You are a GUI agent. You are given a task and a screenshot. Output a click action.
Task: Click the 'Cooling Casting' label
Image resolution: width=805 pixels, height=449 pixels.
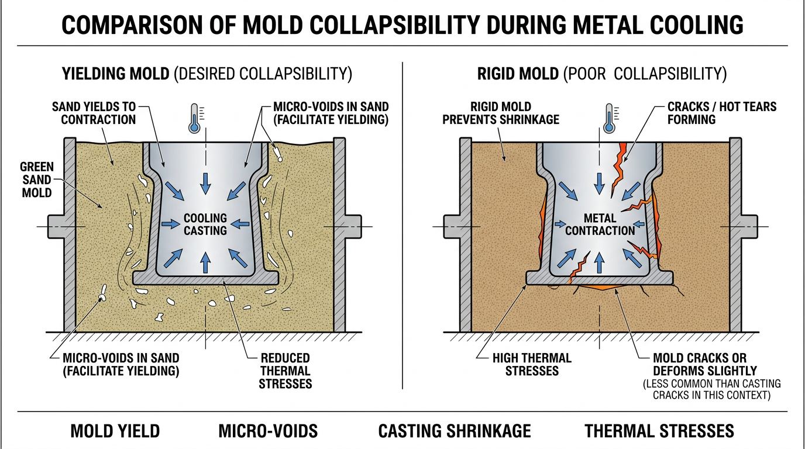pos(205,224)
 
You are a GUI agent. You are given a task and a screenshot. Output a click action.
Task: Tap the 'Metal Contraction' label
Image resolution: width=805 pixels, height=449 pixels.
pos(600,224)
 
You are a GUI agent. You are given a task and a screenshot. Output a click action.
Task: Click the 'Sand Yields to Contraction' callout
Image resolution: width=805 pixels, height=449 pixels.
pos(94,113)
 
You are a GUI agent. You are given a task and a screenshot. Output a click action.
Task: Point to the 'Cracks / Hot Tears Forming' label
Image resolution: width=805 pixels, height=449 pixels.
pos(722,113)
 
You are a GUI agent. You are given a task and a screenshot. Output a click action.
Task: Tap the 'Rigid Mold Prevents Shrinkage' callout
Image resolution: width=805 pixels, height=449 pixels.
pos(501,113)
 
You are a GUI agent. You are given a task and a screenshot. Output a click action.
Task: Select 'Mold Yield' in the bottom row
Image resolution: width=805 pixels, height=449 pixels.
pos(115,431)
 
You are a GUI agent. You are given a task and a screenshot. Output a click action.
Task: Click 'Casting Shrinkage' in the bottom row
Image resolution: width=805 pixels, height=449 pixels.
pos(455,431)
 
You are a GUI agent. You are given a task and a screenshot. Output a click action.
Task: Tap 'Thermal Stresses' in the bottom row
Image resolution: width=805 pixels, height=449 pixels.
pos(659,431)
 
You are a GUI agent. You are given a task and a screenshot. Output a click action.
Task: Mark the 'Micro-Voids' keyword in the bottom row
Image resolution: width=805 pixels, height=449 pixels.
pos(268,431)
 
